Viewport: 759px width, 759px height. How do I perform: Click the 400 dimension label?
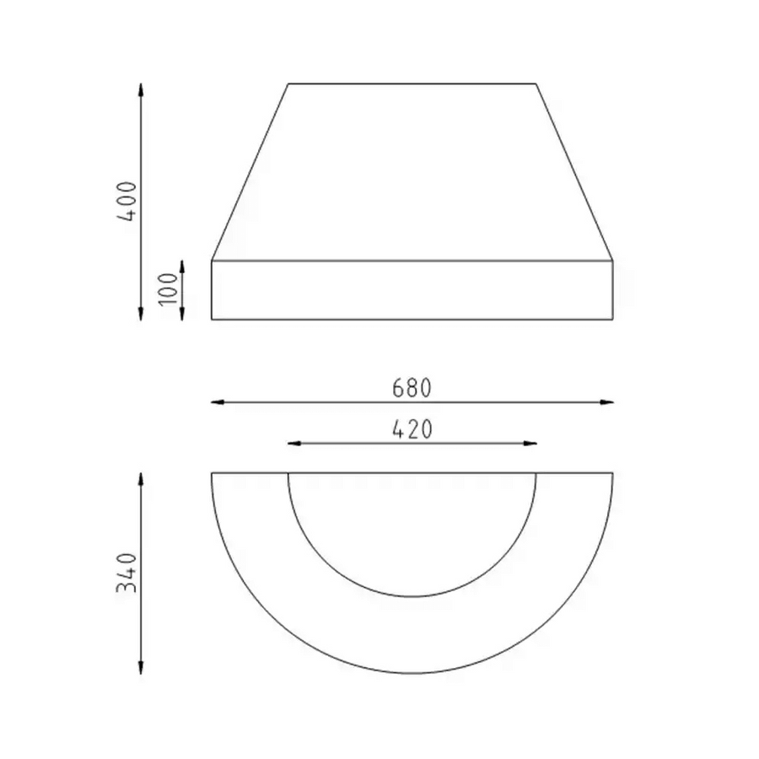pos(126,201)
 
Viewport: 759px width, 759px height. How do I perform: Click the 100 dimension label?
pos(169,289)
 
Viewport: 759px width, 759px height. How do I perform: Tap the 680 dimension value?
pos(412,388)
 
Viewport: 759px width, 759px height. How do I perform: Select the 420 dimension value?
pos(412,430)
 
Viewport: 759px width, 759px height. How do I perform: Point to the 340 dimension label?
pos(126,573)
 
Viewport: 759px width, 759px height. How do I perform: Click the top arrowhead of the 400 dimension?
pos(141,90)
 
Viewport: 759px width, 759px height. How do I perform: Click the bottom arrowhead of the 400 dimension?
pos(141,313)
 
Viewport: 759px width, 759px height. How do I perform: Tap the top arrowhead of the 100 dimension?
pos(182,267)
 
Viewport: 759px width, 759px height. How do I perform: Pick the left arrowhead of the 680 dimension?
pos(218,402)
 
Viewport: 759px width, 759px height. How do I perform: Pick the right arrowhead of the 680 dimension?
pos(606,402)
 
